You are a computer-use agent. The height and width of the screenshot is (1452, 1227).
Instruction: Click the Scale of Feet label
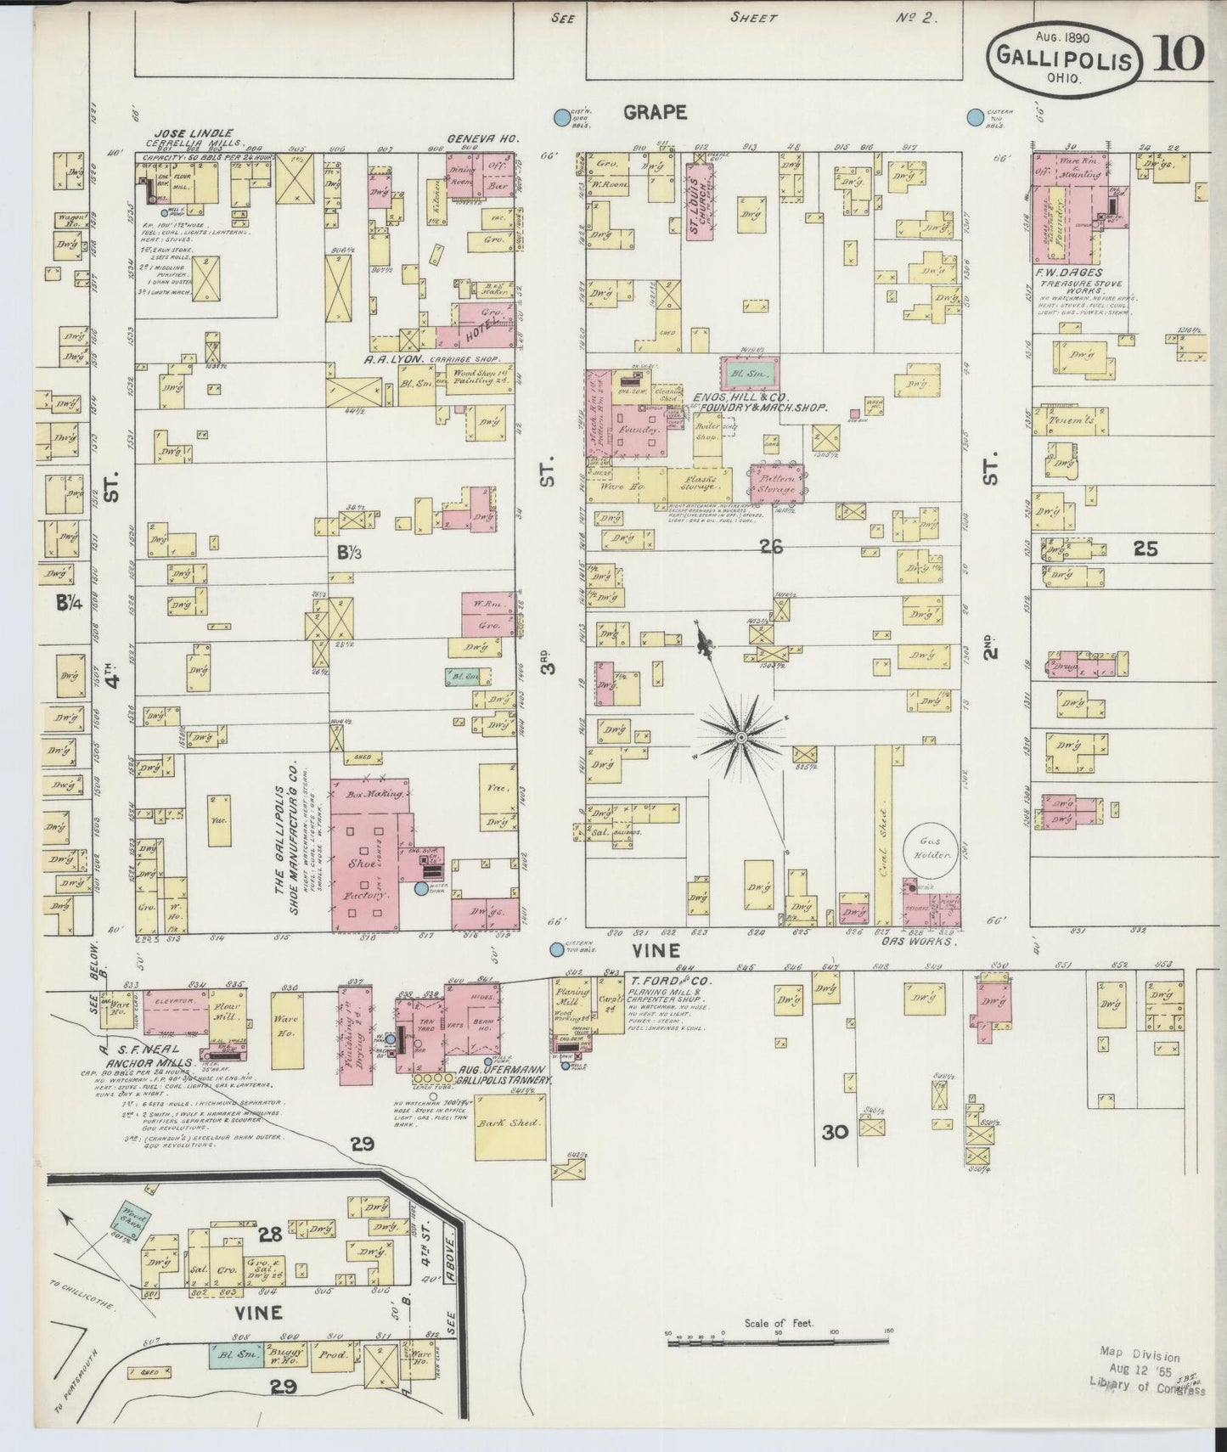point(778,1323)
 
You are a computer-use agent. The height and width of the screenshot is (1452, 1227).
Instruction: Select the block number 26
point(771,548)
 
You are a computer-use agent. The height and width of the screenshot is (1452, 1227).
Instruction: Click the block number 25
point(1145,549)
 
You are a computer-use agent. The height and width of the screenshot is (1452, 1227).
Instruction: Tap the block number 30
point(836,1131)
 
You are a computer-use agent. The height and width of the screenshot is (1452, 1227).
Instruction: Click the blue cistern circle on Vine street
point(556,949)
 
